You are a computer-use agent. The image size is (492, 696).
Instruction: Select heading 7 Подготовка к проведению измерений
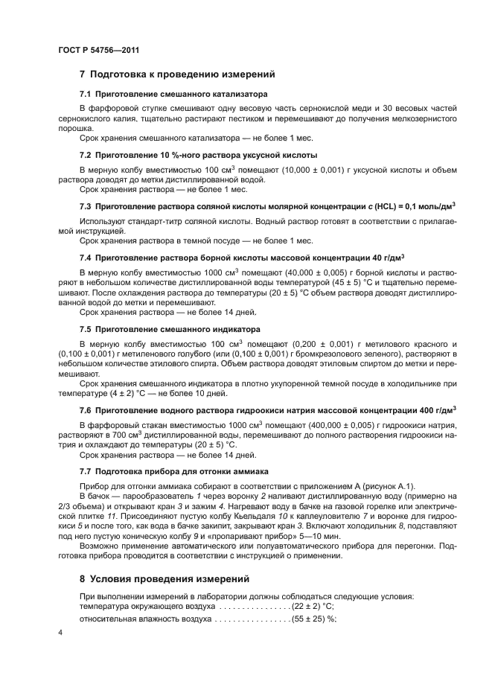click(177, 74)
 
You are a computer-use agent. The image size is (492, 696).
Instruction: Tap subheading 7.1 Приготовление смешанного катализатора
click(173, 94)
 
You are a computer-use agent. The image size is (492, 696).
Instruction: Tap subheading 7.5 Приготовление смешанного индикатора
click(170, 328)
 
